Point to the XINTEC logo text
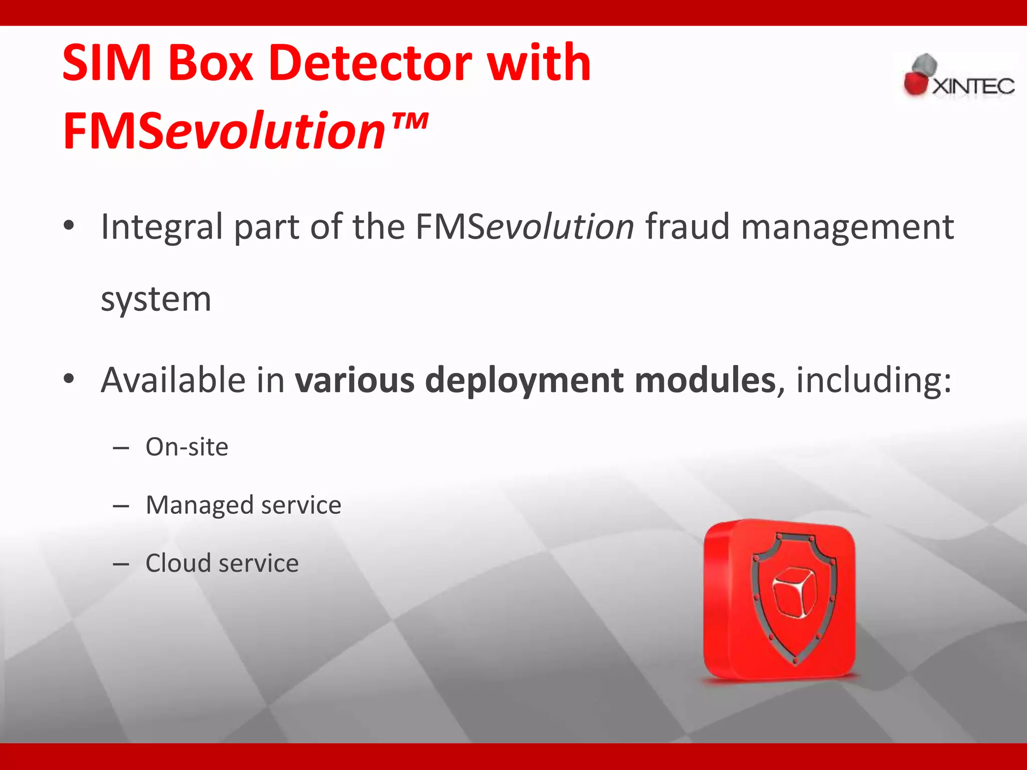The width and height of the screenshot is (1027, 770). click(973, 86)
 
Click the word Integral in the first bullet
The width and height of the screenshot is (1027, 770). click(161, 227)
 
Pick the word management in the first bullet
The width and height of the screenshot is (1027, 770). click(847, 227)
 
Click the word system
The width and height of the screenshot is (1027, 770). click(156, 299)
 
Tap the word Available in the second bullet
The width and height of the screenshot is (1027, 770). click(173, 379)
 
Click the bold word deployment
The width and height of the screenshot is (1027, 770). click(524, 380)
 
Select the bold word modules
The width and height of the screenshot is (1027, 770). click(705, 379)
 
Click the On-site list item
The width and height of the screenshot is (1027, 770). click(187, 447)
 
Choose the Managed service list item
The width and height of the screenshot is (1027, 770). click(243, 505)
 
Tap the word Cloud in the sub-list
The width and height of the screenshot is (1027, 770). click(178, 563)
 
